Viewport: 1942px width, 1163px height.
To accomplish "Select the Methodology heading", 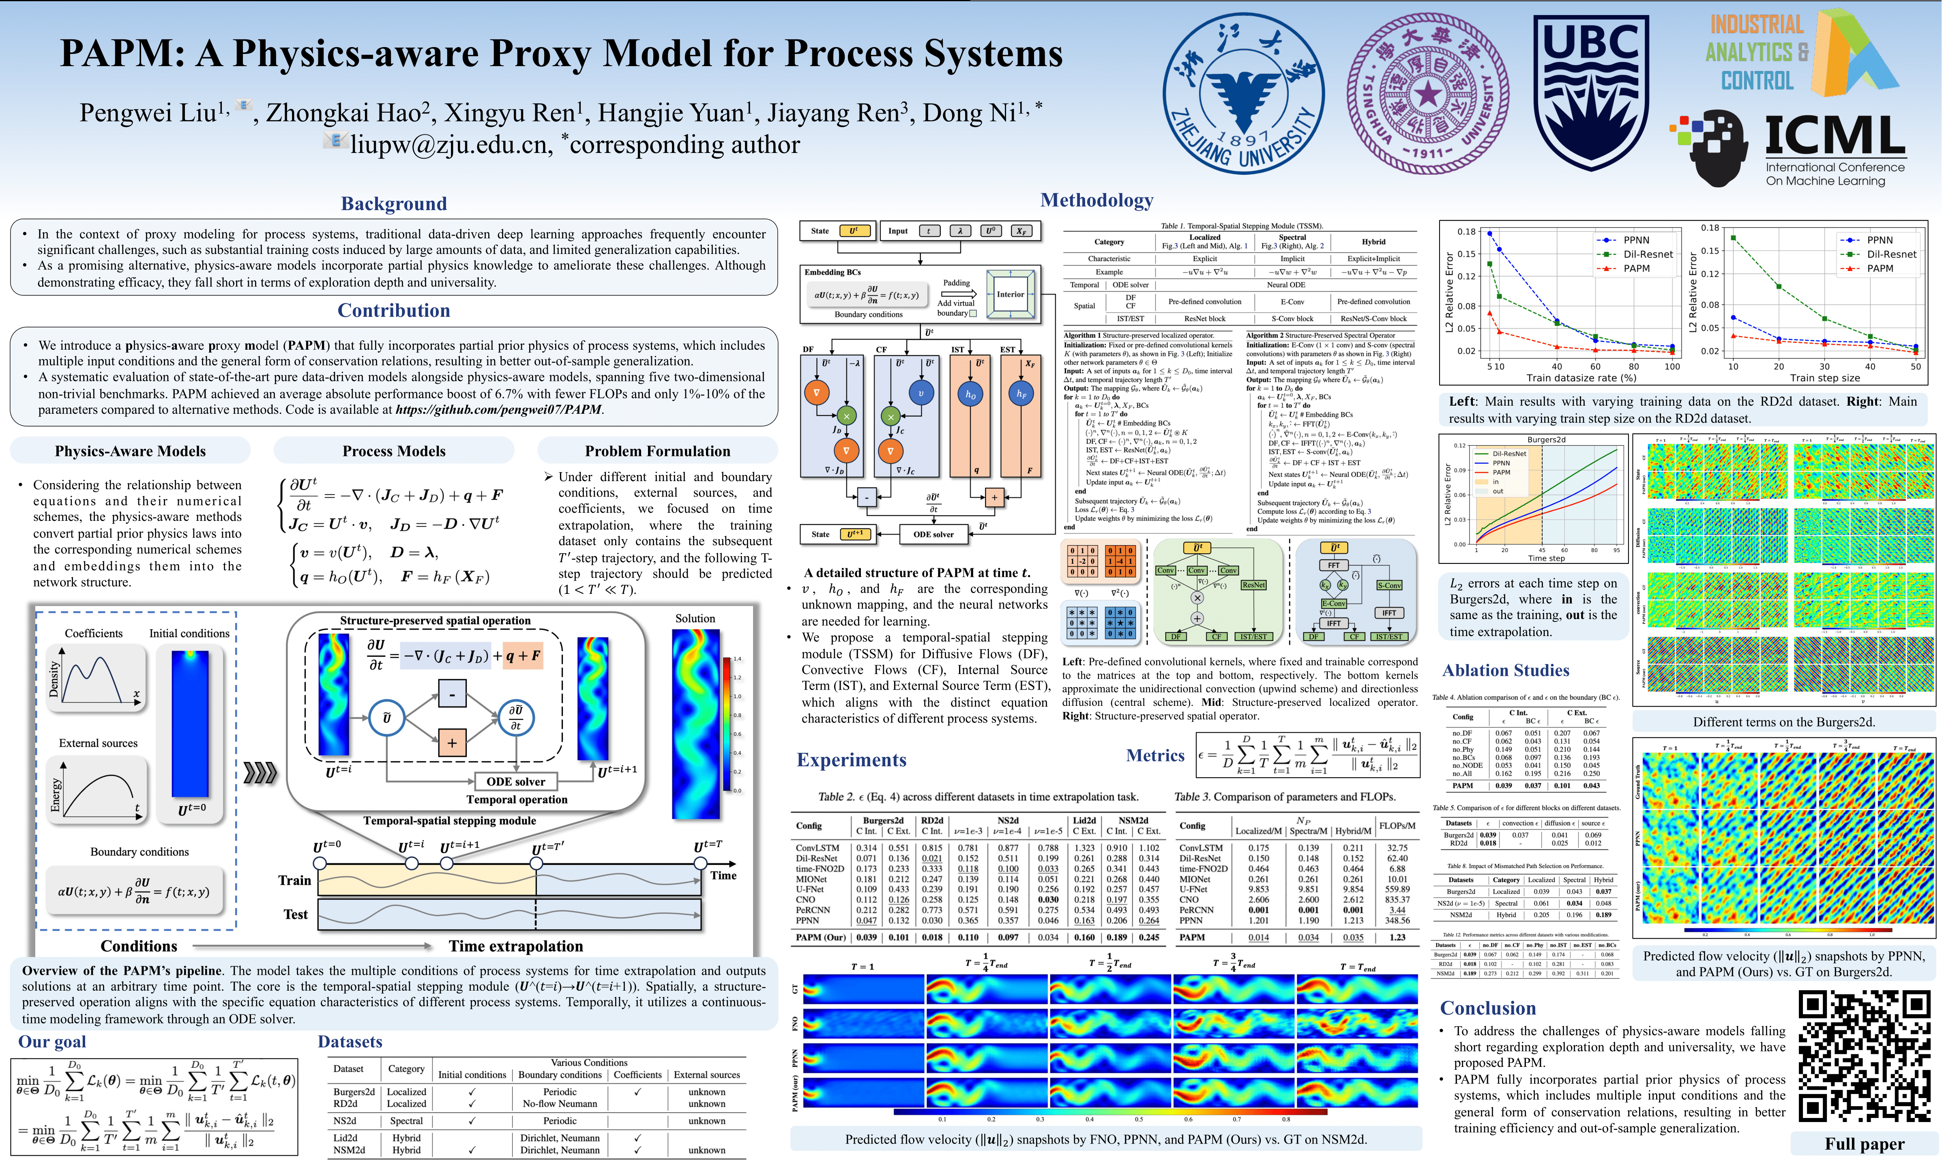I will [x=1097, y=201].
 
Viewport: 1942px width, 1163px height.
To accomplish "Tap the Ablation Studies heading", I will [x=1506, y=670].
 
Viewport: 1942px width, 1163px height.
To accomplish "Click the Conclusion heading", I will [x=1488, y=1008].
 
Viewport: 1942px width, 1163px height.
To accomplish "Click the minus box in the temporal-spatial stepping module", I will [x=452, y=694].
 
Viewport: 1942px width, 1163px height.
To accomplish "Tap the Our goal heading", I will [x=52, y=1042].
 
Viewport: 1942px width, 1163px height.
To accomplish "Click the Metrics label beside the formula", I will [x=1155, y=755].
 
